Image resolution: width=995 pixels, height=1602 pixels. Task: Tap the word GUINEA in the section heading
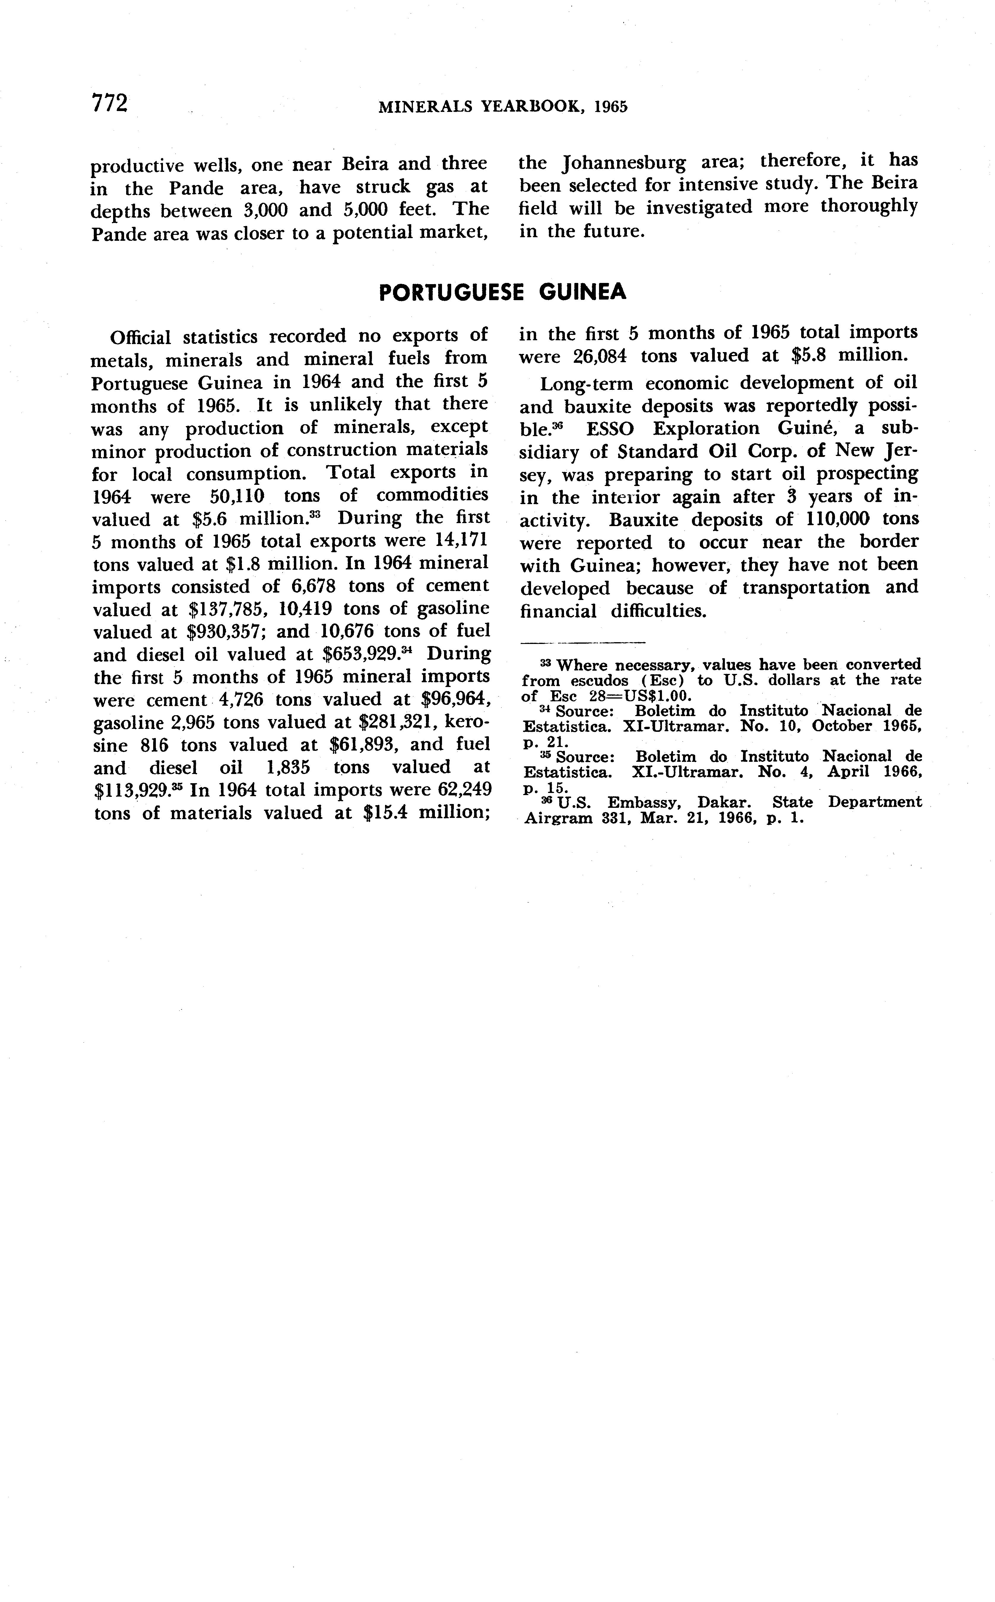pos(582,292)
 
